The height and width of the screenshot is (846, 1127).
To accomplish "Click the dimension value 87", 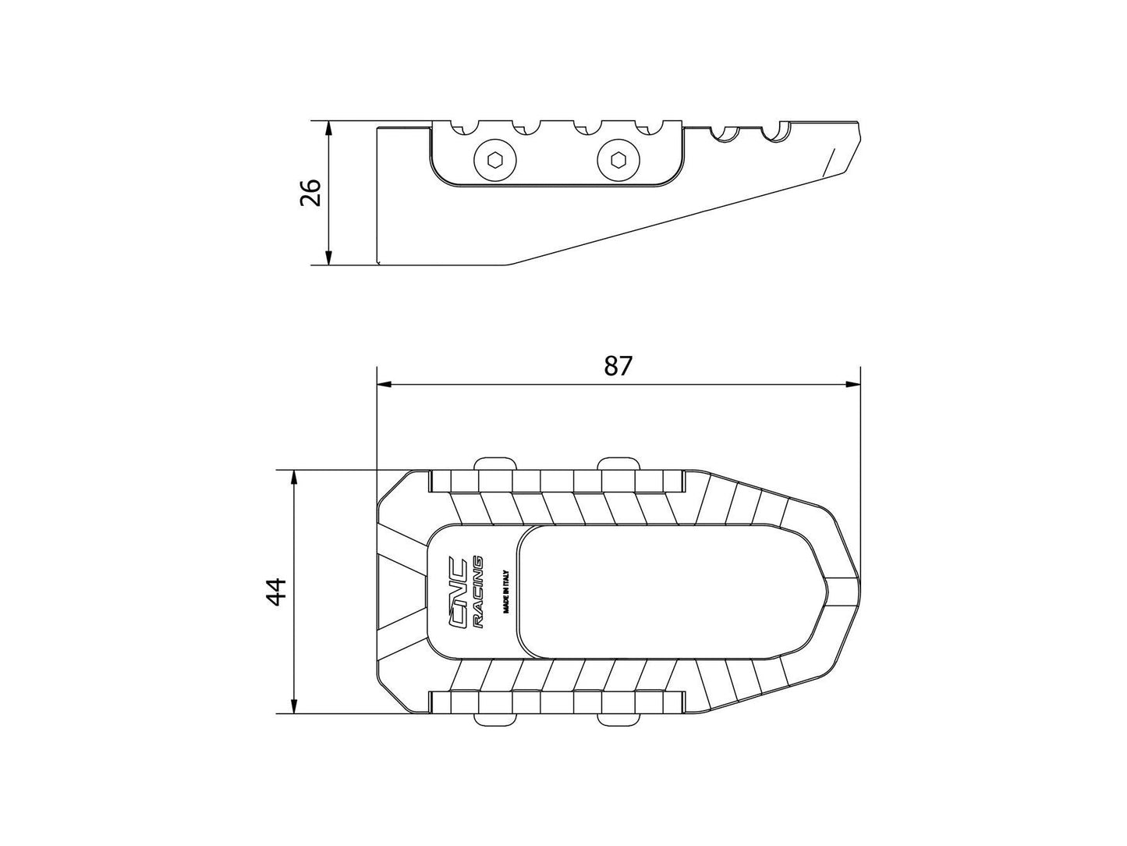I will pos(618,365).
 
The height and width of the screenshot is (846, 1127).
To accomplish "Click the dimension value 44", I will pos(276,592).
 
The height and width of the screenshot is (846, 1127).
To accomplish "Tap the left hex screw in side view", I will pos(493,161).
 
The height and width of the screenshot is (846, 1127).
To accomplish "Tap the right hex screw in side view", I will pos(617,161).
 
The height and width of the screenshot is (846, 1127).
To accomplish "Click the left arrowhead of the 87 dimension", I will pos(383,384).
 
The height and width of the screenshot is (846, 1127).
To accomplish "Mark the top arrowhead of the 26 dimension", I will pos(329,127).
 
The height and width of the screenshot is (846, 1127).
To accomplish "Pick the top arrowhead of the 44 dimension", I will pos(294,476).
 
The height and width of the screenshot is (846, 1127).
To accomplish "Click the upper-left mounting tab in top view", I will pos(495,463).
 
